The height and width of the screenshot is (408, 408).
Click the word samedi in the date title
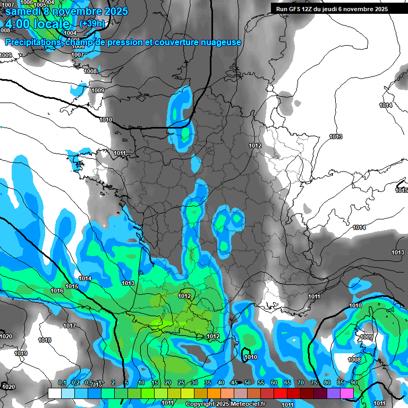click(x=24, y=11)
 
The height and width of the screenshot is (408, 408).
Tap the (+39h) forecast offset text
click(x=91, y=24)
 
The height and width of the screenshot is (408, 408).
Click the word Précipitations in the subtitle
click(x=33, y=42)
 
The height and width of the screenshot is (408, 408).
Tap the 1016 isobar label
click(x=57, y=291)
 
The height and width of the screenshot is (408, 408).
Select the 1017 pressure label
click(x=70, y=326)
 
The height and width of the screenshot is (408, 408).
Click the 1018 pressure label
click(x=45, y=340)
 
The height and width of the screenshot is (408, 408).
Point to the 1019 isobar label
click(x=21, y=353)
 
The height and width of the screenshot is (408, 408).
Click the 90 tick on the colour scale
click(x=354, y=382)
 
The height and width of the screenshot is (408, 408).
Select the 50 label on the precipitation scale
click(x=248, y=382)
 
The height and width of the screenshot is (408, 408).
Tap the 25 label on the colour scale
click(x=181, y=382)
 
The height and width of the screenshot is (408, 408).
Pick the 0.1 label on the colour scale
click(x=62, y=382)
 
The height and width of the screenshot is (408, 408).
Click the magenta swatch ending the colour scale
click(x=347, y=393)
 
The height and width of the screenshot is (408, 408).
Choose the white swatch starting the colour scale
click(x=55, y=393)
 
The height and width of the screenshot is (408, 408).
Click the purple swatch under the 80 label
click(x=334, y=393)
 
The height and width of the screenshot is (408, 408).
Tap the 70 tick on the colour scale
click(x=301, y=382)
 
